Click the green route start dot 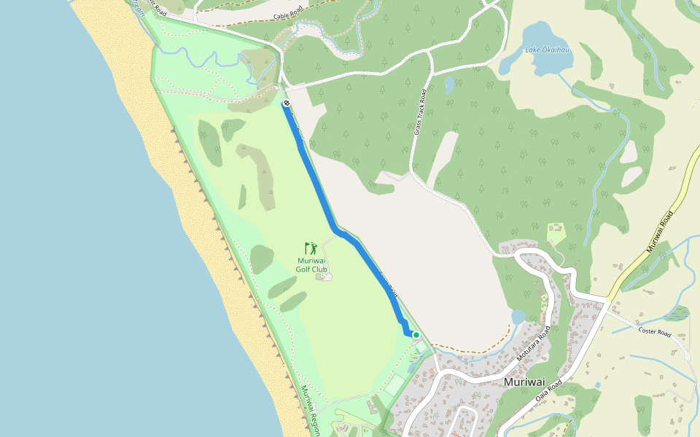[x=416, y=335]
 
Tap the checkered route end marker [x=286, y=103]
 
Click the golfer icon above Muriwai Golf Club [x=311, y=248]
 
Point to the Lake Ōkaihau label [x=548, y=50]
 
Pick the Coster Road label [x=654, y=332]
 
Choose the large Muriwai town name [x=524, y=382]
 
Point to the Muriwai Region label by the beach [x=311, y=412]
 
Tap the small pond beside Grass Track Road [x=449, y=85]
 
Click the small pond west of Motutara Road [x=518, y=318]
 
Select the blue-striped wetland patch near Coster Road [x=677, y=313]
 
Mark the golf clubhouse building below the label [x=322, y=276]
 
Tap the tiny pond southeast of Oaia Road [x=597, y=385]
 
